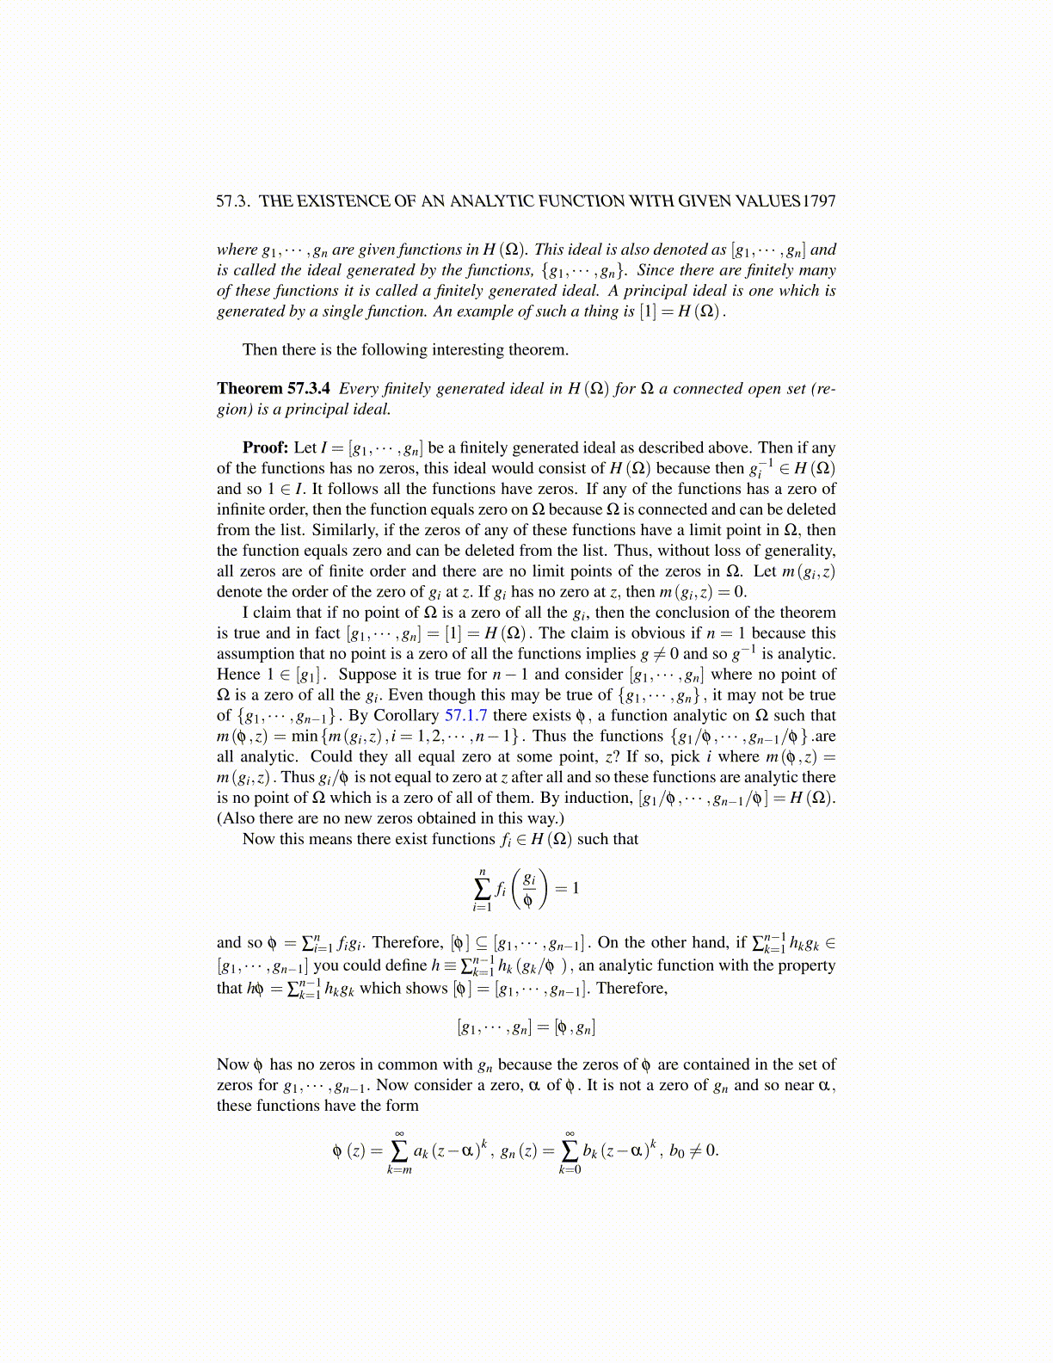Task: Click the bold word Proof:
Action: [x=265, y=447]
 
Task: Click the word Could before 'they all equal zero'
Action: [x=331, y=756]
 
